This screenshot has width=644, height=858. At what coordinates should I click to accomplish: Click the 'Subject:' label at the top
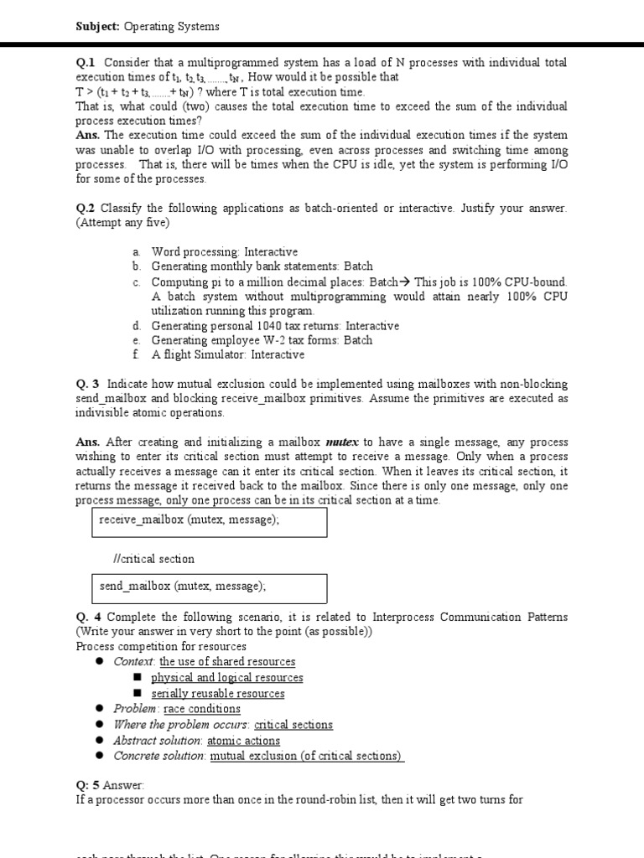(x=98, y=27)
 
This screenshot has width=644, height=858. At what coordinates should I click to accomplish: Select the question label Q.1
(x=86, y=63)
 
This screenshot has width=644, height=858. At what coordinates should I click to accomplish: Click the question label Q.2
(x=86, y=209)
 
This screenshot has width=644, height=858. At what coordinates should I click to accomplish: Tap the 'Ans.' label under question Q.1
(x=88, y=136)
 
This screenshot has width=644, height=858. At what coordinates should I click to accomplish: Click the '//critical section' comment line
(x=153, y=559)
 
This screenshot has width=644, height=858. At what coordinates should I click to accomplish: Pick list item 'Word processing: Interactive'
(x=224, y=252)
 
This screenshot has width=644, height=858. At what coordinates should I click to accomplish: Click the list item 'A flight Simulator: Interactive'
(x=227, y=355)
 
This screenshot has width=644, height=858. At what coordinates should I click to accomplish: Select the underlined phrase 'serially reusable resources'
(x=217, y=694)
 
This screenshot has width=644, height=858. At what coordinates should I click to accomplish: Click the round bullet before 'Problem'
(x=98, y=709)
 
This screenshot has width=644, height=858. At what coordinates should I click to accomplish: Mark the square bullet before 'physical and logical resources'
(x=138, y=678)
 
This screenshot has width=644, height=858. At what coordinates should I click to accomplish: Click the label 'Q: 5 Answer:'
(x=110, y=785)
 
